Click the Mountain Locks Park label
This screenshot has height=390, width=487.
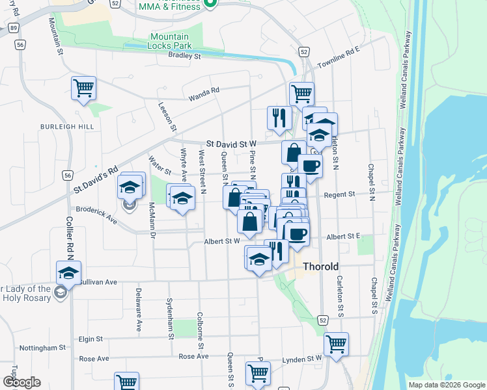click(x=169, y=42)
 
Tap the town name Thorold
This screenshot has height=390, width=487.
click(x=320, y=266)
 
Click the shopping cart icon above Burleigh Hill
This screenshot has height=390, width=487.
click(x=83, y=88)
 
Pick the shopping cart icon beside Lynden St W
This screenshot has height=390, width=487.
click(x=336, y=344)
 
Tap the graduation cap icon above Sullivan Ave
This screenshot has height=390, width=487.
click(x=68, y=274)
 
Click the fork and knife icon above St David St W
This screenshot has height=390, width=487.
click(x=279, y=118)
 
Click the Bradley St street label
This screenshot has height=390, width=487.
click(x=184, y=56)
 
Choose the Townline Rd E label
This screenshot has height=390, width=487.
click(x=339, y=58)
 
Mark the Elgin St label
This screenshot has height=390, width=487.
click(x=90, y=339)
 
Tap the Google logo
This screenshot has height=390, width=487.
click(x=21, y=382)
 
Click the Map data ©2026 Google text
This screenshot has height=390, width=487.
click(x=446, y=385)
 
